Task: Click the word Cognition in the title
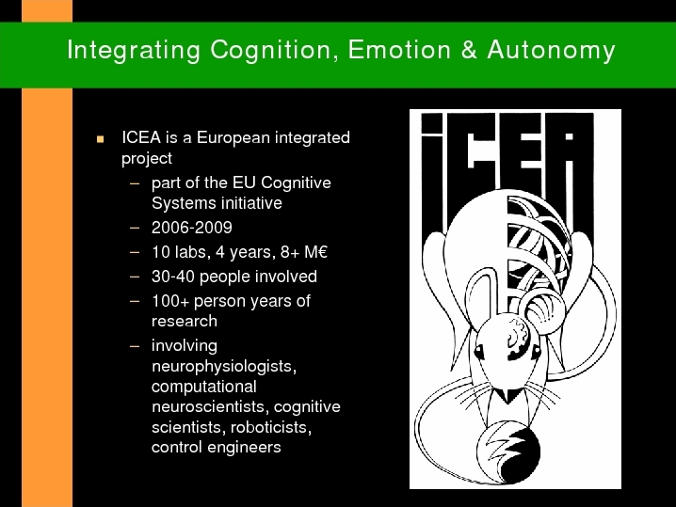pos(271,51)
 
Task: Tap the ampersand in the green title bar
pos(469,49)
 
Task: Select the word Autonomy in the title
pos(552,51)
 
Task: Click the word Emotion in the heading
pos(399,49)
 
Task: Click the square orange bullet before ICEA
pos(101,139)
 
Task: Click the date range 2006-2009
pos(192,228)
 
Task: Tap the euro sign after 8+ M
pos(322,251)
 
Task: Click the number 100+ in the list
pos(170,301)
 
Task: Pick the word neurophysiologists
pos(224,367)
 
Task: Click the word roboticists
pos(271,427)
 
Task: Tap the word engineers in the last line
pos(244,448)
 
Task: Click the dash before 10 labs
pos(135,252)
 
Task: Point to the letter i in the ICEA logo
pos(431,172)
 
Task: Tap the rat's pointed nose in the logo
pos(508,395)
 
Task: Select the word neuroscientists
pos(210,406)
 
